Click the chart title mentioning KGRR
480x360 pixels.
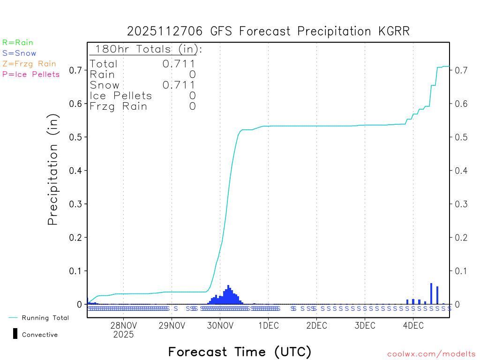[x=268, y=31]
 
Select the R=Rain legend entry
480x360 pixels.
[x=18, y=43]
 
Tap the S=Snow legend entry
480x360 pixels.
[x=19, y=53]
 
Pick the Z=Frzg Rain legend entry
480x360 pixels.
[x=29, y=64]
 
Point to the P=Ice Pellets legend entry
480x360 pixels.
[x=31, y=74]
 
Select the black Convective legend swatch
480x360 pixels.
[x=15, y=334]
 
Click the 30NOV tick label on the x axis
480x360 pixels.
[x=220, y=326]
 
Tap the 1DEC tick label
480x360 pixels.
[x=268, y=326]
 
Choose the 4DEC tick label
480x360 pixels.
[x=413, y=326]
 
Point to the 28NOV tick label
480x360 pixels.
[x=123, y=326]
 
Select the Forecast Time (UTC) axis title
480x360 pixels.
[x=240, y=352]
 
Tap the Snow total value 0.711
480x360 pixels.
[x=179, y=85]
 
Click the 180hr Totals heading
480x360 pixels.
[x=146, y=49]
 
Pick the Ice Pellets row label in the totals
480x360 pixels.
[x=121, y=96]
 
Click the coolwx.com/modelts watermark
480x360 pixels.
[x=431, y=354]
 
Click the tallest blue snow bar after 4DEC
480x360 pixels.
[x=431, y=293]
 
